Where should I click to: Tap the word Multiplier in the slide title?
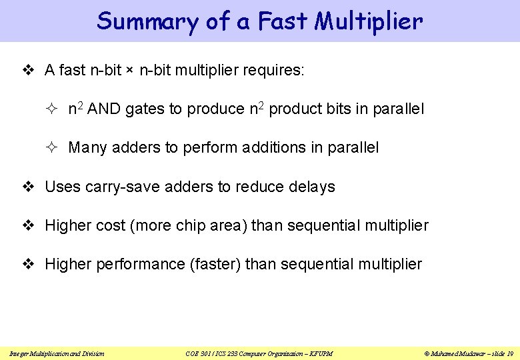[x=369, y=21]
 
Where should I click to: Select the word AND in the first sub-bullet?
[x=102, y=109]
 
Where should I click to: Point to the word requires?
[x=274, y=70]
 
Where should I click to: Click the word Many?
[x=87, y=147]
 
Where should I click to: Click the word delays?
[x=312, y=187]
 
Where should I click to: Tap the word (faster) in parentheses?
[x=215, y=264]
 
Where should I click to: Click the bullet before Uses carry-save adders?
[x=28, y=187]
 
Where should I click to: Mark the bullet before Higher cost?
[x=28, y=225]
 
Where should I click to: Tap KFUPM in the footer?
[x=320, y=353]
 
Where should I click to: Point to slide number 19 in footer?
[x=509, y=353]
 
